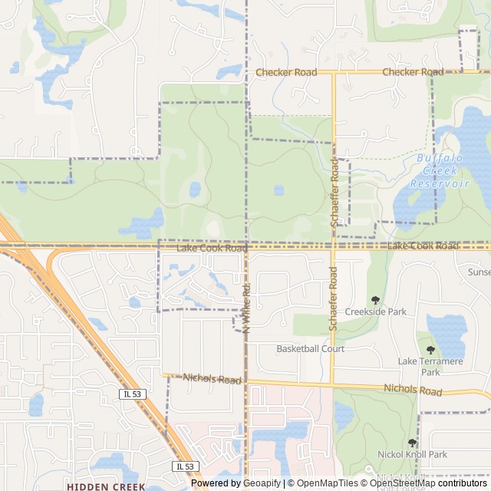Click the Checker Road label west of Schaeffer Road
(286, 72)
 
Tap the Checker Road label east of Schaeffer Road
(413, 72)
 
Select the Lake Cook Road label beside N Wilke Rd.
(212, 249)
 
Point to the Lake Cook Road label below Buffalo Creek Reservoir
(423, 245)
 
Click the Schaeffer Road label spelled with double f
(334, 193)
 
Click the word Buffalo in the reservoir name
(440, 158)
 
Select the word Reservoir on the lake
(439, 183)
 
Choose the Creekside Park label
(375, 312)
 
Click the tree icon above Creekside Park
(375, 300)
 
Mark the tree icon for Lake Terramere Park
(430, 350)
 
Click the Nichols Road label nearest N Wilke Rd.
(213, 379)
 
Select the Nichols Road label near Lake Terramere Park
(413, 390)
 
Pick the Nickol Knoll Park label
(412, 455)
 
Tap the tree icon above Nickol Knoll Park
(413, 443)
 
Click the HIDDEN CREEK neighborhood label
(105, 486)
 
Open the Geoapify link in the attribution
(261, 483)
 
